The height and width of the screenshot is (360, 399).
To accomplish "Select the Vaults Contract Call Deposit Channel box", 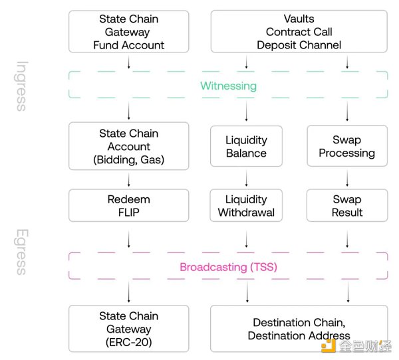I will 298,32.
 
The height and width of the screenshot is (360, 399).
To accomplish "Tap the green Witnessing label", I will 228,86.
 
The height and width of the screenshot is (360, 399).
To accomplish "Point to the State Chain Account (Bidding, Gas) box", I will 129,146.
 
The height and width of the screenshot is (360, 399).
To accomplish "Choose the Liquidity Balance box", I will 247,147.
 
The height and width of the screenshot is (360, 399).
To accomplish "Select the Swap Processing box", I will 346,147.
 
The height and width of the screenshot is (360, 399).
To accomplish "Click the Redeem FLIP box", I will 129,205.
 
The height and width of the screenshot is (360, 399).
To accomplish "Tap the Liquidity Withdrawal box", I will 247,205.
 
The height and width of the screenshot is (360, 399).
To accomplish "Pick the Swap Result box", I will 346,205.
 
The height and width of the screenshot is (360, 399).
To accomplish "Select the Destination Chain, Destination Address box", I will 298,329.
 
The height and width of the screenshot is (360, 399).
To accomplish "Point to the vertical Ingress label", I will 22,86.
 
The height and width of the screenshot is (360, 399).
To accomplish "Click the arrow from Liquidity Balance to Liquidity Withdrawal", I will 247,177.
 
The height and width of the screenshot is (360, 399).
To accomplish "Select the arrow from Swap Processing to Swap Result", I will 346,177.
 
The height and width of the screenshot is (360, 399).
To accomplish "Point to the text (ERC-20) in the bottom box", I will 129,341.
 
